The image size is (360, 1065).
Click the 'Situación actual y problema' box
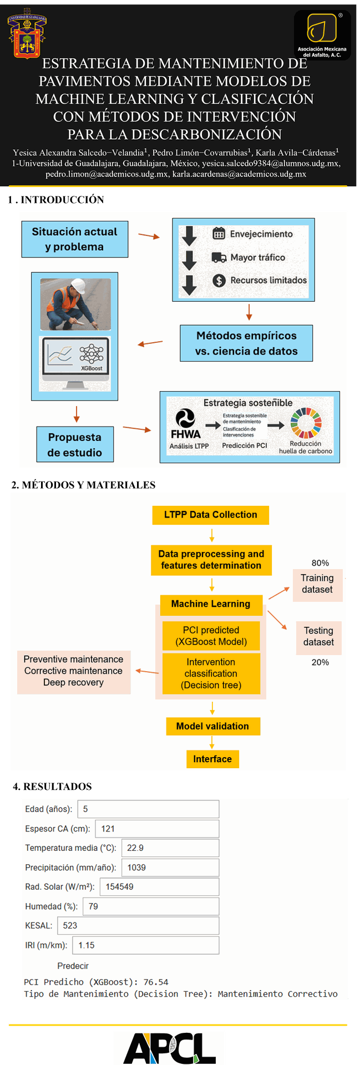coord(75,239)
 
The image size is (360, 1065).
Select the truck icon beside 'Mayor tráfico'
coord(219,257)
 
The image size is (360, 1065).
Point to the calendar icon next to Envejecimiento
coord(219,234)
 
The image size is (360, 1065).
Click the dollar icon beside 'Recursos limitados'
coord(219,281)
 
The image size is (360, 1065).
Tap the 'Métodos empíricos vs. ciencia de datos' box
coord(246,343)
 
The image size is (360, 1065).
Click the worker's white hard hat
coord(79,286)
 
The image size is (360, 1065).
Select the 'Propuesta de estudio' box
coord(75,444)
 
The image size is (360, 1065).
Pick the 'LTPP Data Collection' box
coord(211,515)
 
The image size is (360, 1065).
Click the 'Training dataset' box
coord(317,584)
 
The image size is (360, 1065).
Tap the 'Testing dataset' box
coord(318,637)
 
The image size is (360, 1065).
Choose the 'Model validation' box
coord(213,726)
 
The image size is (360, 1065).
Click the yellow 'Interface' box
coord(212,759)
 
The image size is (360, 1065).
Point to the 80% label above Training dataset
coord(320,563)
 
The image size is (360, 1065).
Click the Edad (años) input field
coord(148,809)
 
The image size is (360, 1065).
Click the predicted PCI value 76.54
coord(156,982)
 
